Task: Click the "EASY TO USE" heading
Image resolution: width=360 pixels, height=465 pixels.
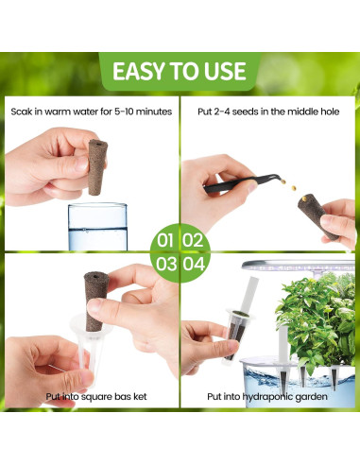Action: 180,71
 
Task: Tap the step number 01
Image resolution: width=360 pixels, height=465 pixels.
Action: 165,240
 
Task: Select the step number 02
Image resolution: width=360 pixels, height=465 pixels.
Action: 193,240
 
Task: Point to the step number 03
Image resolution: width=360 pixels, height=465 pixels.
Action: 166,264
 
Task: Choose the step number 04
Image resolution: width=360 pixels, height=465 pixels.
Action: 194,264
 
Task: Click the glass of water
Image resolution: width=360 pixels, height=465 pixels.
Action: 98,227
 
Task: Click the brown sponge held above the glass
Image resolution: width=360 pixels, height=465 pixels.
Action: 97,167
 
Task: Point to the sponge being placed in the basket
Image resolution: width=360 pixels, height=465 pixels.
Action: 95,301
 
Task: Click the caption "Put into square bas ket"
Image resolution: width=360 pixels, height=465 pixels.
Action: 96,396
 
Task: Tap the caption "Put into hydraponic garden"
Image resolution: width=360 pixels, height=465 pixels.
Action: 267,396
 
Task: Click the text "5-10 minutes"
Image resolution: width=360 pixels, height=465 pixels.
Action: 143,112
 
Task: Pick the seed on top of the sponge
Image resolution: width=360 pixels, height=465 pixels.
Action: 304,198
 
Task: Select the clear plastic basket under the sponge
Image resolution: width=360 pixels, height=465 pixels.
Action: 90,348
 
